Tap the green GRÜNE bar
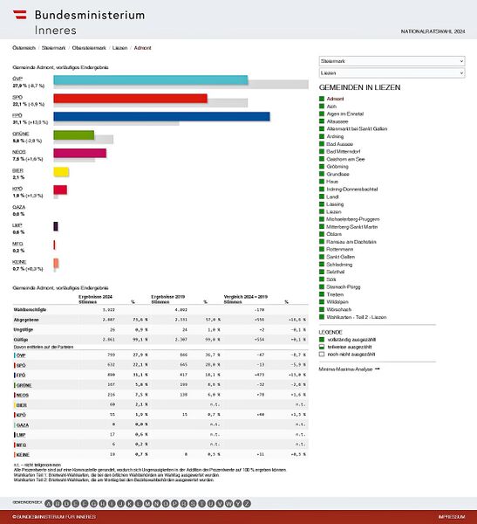[x=73, y=134]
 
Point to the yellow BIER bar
[x=60, y=171]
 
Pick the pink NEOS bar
[x=79, y=153]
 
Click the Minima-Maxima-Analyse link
[x=349, y=369]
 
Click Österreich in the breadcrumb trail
[x=24, y=47]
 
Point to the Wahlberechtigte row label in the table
[x=31, y=310]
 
